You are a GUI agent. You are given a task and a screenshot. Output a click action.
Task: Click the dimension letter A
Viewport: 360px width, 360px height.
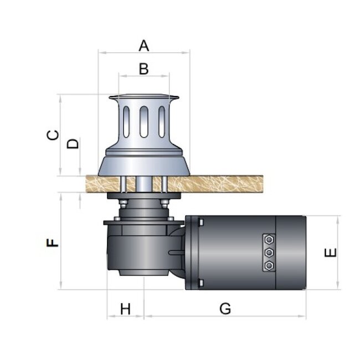pos(144,45)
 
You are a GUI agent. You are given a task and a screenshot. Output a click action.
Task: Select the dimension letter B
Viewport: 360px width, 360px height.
pos(144,69)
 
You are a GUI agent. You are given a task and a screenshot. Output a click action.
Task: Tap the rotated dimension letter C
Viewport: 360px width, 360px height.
pos(53,135)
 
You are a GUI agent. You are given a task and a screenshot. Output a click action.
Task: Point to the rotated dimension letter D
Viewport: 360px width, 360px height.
pos(73,143)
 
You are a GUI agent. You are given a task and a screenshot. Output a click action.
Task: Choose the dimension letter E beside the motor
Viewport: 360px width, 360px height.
pos(331,253)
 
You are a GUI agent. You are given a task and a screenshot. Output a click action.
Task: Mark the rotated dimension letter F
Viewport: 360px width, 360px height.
pos(53,243)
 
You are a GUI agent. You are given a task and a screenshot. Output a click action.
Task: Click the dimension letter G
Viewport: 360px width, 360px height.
pos(225,308)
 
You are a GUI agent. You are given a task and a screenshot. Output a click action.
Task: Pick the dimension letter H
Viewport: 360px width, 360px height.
pos(125,309)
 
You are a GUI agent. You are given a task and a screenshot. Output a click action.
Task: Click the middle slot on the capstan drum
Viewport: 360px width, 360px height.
pos(144,122)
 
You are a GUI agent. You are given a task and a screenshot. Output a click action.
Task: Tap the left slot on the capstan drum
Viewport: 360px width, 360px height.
pos(126,122)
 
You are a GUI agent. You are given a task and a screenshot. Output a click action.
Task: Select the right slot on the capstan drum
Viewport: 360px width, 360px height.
pos(162,122)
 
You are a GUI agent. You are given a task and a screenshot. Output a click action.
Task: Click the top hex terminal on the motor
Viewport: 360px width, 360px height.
pos(269,239)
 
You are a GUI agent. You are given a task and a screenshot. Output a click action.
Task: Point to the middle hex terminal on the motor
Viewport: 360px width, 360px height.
pos(269,253)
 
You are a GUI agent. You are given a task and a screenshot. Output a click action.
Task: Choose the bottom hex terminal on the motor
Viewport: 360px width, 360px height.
pos(269,266)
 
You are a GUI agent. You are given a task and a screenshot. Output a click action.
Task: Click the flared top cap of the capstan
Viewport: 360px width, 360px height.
pos(144,97)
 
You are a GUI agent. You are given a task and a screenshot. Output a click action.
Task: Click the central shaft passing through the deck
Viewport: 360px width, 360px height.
pos(144,184)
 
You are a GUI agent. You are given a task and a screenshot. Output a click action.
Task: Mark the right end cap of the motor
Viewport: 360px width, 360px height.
pos(291,253)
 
